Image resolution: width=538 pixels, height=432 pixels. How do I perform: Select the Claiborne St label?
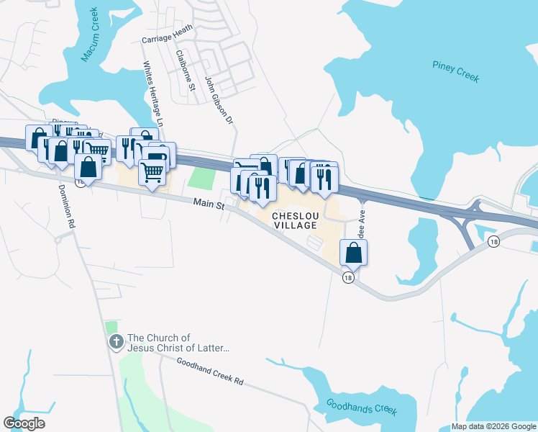(186, 72)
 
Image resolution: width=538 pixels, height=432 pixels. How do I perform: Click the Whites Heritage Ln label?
(155, 94)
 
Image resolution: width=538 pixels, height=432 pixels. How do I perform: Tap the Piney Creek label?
(456, 71)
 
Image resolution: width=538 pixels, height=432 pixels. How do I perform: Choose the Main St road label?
(209, 204)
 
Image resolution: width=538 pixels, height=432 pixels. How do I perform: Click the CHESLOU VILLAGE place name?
(294, 220)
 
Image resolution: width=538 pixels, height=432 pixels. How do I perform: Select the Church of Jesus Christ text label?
(178, 343)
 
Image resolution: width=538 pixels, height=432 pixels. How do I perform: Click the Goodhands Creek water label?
(361, 408)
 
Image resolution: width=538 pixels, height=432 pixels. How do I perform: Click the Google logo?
(24, 423)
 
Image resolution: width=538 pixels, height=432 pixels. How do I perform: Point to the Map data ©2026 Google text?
(493, 426)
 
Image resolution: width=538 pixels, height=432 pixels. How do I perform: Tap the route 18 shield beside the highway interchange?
(493, 242)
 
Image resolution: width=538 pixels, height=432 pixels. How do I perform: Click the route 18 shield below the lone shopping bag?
(348, 278)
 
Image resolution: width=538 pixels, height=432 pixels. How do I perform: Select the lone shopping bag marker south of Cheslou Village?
(353, 252)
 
